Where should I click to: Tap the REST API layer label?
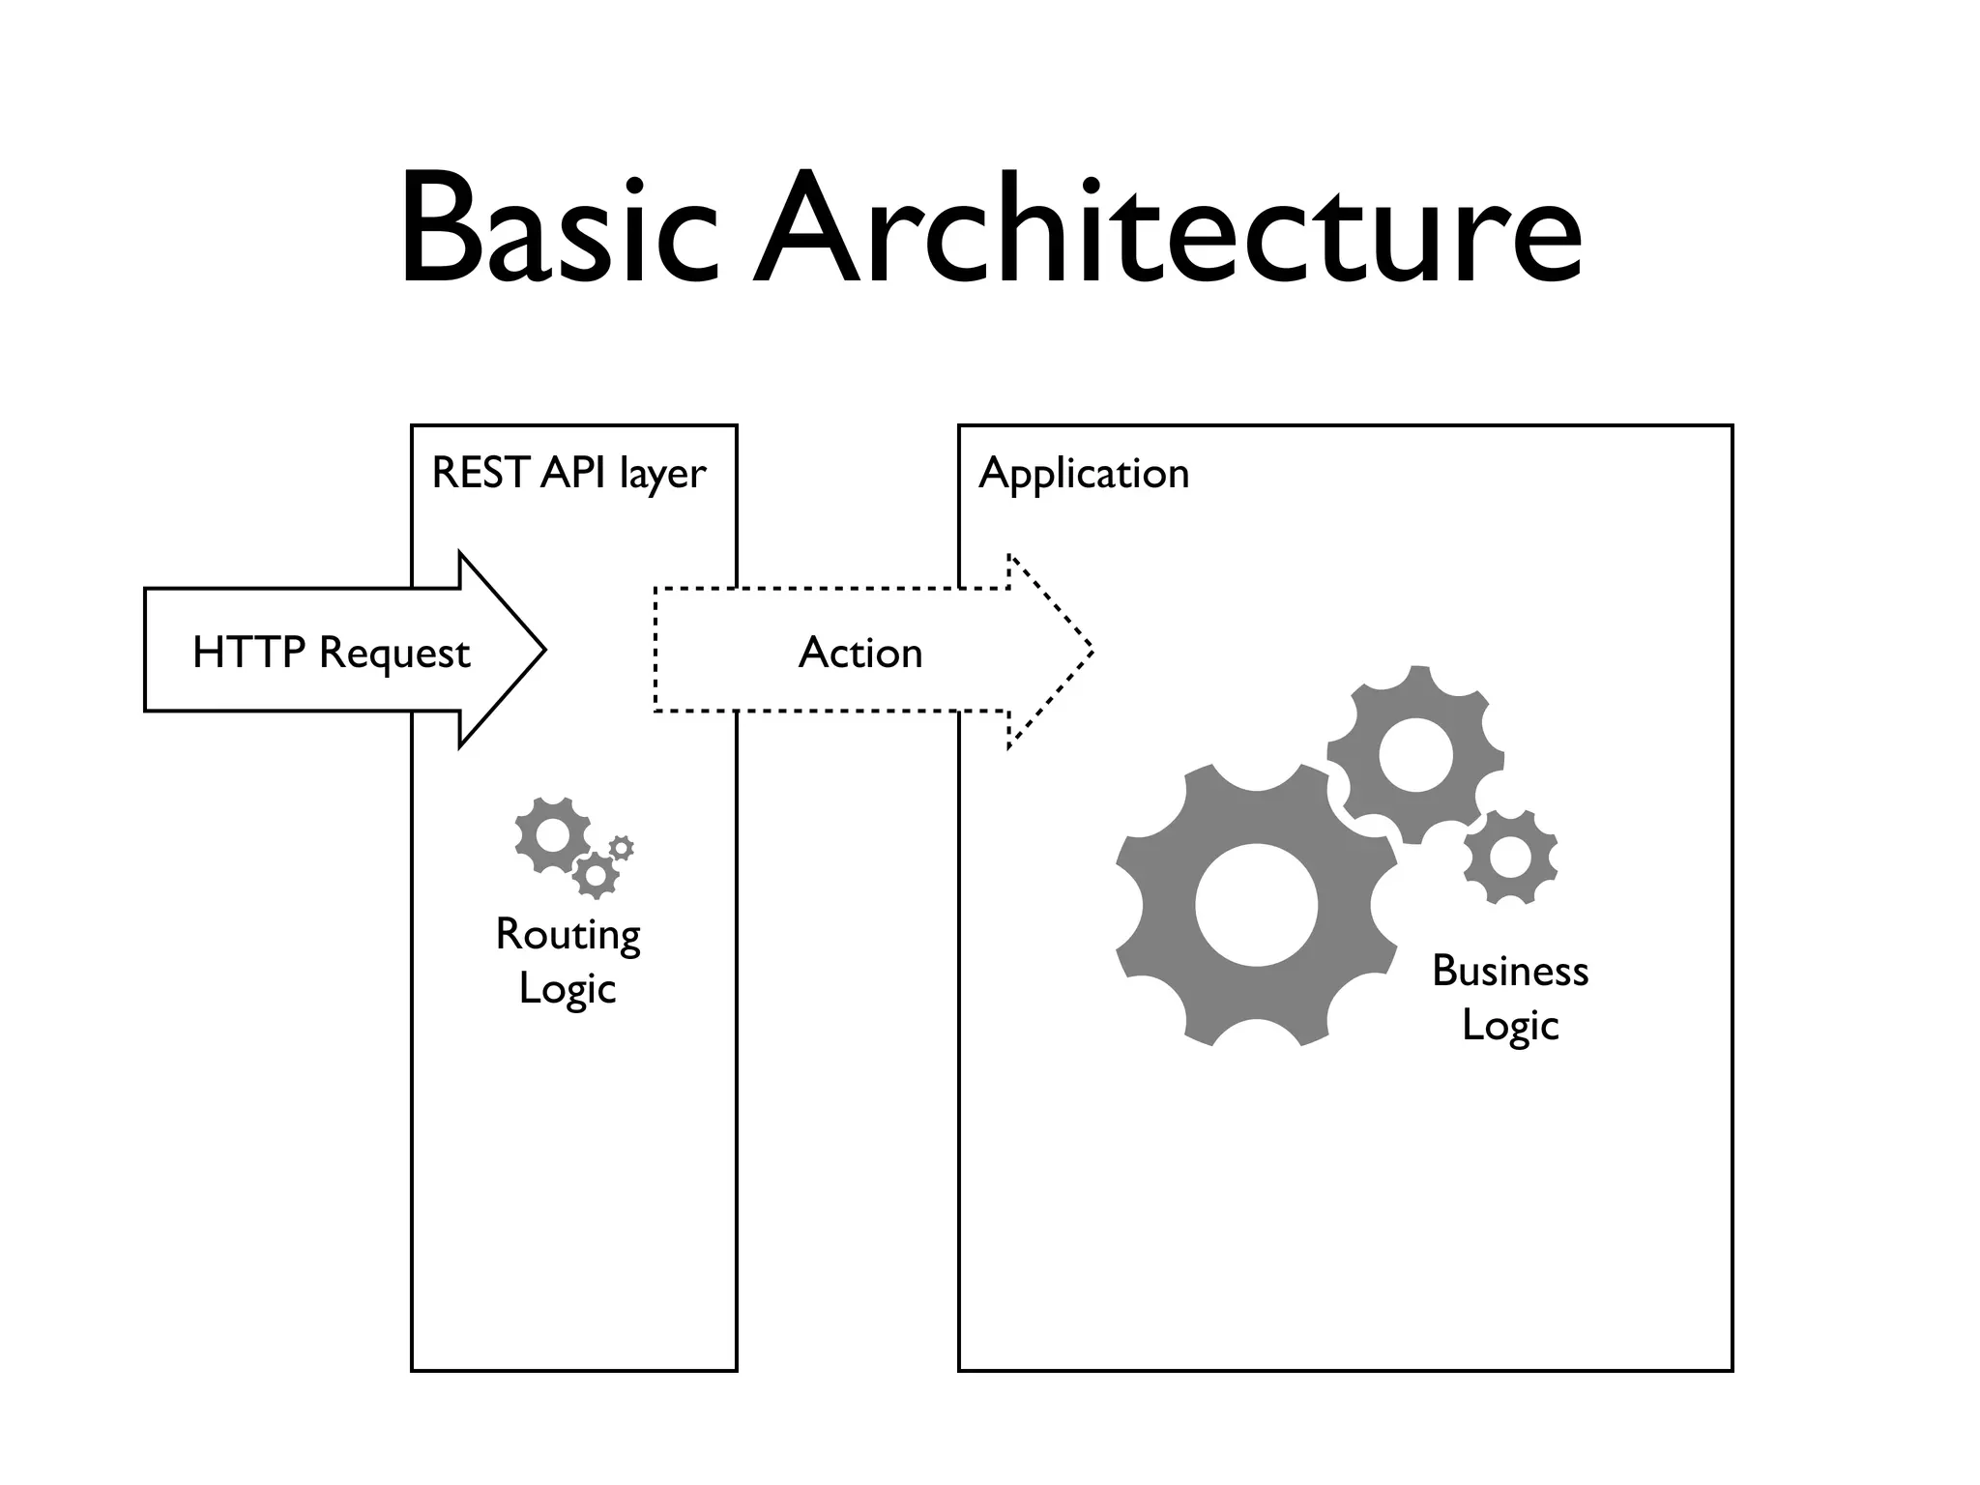[568, 474]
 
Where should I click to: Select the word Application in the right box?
[1084, 474]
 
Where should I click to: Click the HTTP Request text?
[331, 653]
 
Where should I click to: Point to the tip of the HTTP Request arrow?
[544, 650]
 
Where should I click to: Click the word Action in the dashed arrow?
[860, 653]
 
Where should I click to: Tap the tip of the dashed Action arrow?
[1092, 650]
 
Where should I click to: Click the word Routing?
[568, 935]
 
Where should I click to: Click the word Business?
[1510, 972]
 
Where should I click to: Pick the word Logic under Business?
[1510, 1026]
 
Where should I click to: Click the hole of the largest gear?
[1256, 905]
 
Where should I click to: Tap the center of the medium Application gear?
[1415, 755]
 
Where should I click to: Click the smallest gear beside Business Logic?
[1510, 858]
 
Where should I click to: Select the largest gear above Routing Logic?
[553, 835]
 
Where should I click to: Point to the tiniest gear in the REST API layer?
[622, 848]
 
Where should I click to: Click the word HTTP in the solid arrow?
[248, 653]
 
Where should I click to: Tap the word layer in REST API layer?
[663, 474]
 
